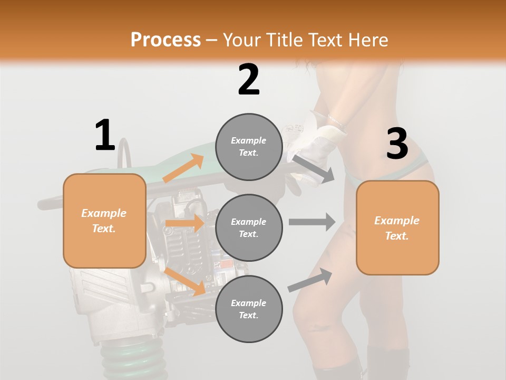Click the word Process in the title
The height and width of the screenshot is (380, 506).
166,40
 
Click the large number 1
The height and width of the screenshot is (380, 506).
105,135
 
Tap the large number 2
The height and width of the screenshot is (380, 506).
249,79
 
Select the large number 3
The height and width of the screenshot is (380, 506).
397,144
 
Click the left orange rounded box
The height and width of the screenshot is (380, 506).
104,221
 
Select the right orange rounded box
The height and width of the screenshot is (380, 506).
397,227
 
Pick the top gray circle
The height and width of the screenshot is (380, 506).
249,147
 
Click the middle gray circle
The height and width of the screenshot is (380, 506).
249,227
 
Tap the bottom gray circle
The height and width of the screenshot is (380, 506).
249,309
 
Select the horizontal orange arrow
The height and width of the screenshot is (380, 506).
184,223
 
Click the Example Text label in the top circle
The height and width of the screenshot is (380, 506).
249,147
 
